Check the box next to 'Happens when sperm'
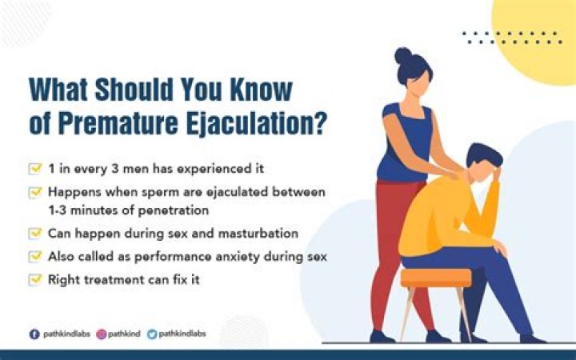[x=34, y=193]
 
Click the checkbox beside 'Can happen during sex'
[x=34, y=234]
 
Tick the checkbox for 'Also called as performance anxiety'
[x=34, y=257]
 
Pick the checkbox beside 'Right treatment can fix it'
[x=34, y=280]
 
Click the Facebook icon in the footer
[x=34, y=334]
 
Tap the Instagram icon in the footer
[x=102, y=334]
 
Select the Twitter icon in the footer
[x=152, y=334]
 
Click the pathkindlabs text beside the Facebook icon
[x=64, y=334]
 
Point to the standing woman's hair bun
[x=403, y=56]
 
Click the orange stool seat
[x=435, y=277]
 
